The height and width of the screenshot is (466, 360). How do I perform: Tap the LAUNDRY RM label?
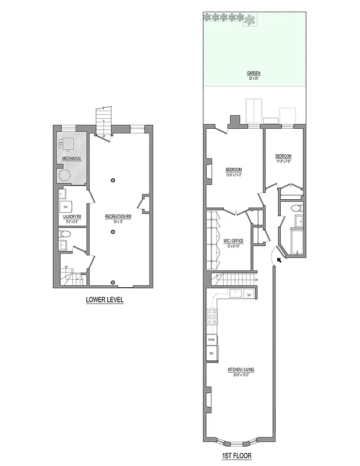tap(72, 216)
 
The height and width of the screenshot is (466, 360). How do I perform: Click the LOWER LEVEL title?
tap(104, 301)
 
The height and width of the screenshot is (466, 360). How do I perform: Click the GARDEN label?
tap(253, 73)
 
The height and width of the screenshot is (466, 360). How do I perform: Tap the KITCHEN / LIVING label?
tap(241, 370)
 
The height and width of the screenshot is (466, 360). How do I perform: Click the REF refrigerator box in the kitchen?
tap(210, 354)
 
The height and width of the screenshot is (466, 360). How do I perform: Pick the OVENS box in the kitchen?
tap(211, 339)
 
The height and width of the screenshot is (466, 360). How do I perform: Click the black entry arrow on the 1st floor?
tap(280, 260)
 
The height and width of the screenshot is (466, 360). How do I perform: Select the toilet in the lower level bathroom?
tap(65, 234)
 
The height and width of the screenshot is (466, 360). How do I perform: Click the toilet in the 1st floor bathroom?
tap(295, 207)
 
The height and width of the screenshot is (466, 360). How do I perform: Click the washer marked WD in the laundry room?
tap(65, 207)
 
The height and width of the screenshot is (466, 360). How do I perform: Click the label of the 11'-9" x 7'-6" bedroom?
tap(283, 157)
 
